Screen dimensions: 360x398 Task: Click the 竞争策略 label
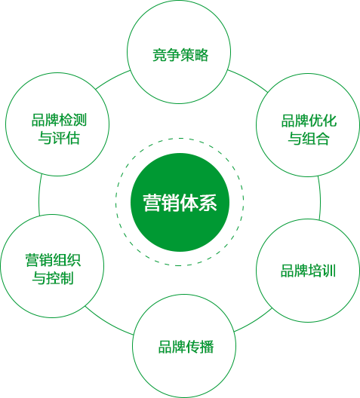click(180, 55)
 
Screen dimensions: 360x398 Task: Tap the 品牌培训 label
click(308, 271)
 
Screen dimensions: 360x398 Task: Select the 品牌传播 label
click(186, 347)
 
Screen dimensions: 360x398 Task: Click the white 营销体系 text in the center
click(180, 203)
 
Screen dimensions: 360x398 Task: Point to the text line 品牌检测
click(59, 120)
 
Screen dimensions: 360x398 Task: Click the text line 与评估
click(59, 138)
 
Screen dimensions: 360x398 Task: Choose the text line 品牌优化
click(309, 121)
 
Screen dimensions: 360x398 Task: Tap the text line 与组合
click(309, 139)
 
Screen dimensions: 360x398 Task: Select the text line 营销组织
click(53, 260)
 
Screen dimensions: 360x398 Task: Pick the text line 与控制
click(53, 278)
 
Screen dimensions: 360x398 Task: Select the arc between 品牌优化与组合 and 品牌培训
click(319, 198)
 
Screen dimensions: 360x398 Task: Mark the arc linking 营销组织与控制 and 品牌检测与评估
click(39, 195)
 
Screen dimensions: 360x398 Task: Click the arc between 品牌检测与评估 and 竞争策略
click(112, 78)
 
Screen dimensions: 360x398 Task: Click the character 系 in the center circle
click(208, 203)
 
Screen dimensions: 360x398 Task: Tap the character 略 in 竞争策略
click(202, 55)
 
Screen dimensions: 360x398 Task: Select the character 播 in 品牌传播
click(207, 347)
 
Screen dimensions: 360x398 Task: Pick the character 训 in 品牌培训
click(329, 271)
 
